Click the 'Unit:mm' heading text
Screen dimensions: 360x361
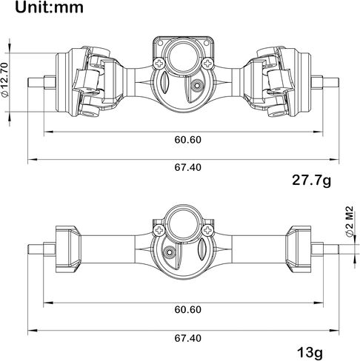(49, 7)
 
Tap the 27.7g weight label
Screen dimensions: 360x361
(311, 180)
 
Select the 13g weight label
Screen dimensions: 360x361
(310, 353)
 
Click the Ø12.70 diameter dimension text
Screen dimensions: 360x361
(5, 79)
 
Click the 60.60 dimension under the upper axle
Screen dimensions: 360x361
(188, 140)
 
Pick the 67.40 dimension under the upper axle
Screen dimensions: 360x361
(188, 167)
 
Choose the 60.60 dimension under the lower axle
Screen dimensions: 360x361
(188, 309)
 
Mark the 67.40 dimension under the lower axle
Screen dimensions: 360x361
(188, 338)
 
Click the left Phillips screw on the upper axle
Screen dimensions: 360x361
(159, 64)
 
